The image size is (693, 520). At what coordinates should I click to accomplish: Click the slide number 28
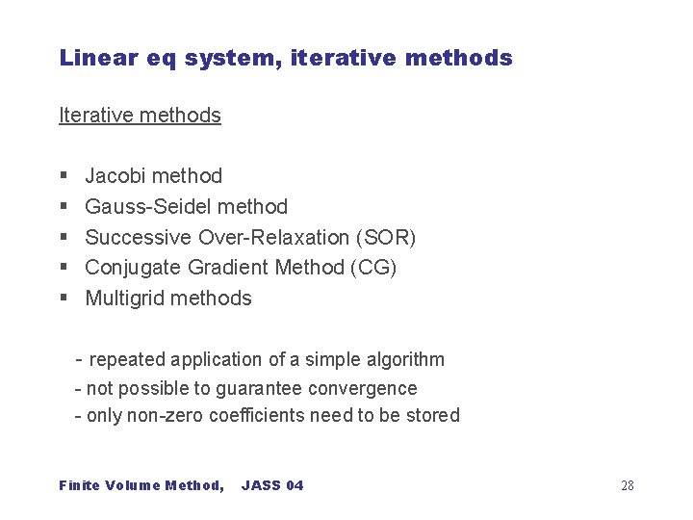(627, 485)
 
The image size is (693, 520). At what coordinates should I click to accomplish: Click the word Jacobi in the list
(115, 176)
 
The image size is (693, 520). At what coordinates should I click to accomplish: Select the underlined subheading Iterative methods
(140, 116)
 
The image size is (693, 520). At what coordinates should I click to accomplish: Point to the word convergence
(369, 389)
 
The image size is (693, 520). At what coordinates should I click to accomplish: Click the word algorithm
(405, 360)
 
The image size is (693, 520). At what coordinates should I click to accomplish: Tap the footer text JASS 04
(272, 485)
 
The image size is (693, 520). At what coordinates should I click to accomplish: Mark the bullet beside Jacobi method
(63, 176)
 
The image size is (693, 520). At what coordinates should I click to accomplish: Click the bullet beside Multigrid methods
(63, 299)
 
